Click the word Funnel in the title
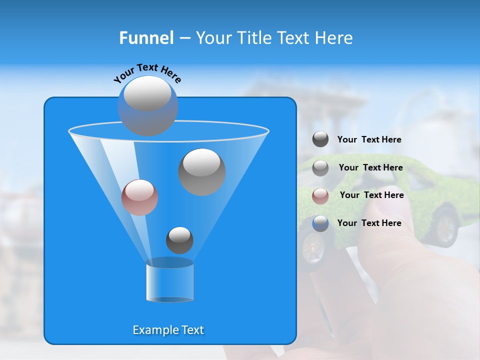tap(146, 38)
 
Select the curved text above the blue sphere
tap(147, 73)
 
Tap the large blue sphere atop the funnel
tap(147, 105)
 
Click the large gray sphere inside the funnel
tap(201, 171)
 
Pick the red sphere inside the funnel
tap(139, 197)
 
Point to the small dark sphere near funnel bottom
tap(179, 240)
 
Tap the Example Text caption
tap(168, 330)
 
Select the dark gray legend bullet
tap(320, 139)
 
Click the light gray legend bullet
tap(320, 167)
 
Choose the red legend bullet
tap(320, 195)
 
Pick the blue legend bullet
tap(320, 223)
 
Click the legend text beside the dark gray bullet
tap(369, 139)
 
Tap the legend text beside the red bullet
tap(371, 195)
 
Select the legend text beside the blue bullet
tap(369, 223)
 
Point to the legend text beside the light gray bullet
tap(370, 167)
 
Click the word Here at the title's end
tap(334, 38)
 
